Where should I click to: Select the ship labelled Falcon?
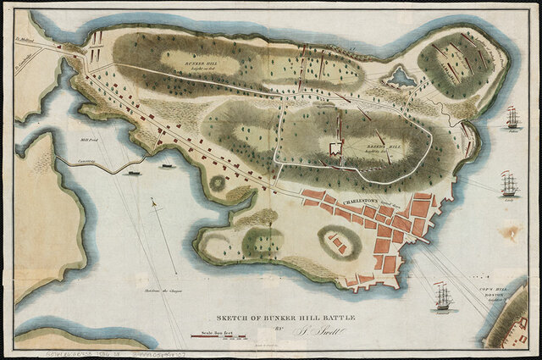coord(512,118)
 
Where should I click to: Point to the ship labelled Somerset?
coord(443,296)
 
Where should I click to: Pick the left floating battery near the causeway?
coord(133,173)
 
